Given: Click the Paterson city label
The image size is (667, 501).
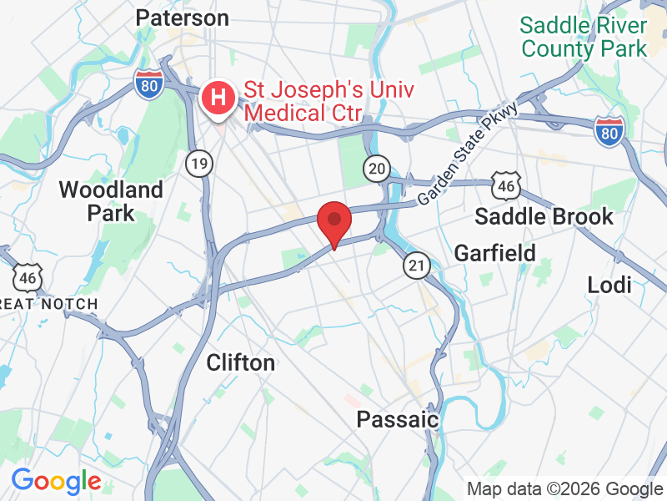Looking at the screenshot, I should (x=181, y=18).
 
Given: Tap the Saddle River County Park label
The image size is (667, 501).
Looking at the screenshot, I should (x=584, y=37).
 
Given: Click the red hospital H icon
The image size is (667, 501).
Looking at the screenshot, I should (x=218, y=98).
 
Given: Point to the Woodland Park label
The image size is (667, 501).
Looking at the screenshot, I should (x=111, y=201).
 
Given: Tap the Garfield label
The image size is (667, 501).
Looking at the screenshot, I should (x=494, y=251).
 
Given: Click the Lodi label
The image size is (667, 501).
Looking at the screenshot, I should (x=609, y=285).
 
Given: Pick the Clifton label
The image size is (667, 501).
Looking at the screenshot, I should (x=240, y=362).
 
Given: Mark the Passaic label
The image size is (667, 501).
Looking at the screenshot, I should (x=398, y=419).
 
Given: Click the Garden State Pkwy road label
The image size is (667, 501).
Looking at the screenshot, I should (x=469, y=154).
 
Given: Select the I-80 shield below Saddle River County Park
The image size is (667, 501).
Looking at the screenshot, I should (x=609, y=131).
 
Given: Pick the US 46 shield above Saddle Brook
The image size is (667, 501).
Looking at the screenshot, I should (x=506, y=186).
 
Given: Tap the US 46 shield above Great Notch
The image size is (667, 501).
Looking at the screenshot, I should (x=28, y=276).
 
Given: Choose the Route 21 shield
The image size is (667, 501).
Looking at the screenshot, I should (x=417, y=266).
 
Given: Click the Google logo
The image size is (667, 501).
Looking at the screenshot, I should (x=56, y=481).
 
